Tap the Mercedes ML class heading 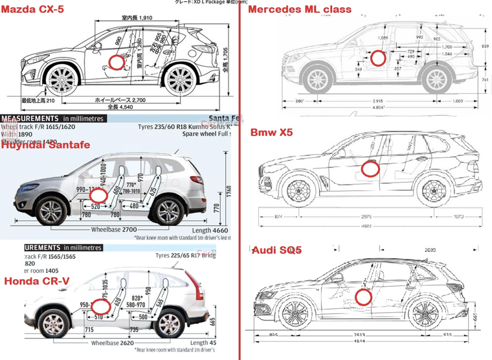click(300, 9)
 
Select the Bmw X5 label click(271, 132)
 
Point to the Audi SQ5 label click(277, 250)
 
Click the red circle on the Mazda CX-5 click(117, 62)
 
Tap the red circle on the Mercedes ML click(377, 58)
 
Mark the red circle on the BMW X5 click(370, 169)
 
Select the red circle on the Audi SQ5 click(364, 297)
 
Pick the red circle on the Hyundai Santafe click(97, 195)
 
